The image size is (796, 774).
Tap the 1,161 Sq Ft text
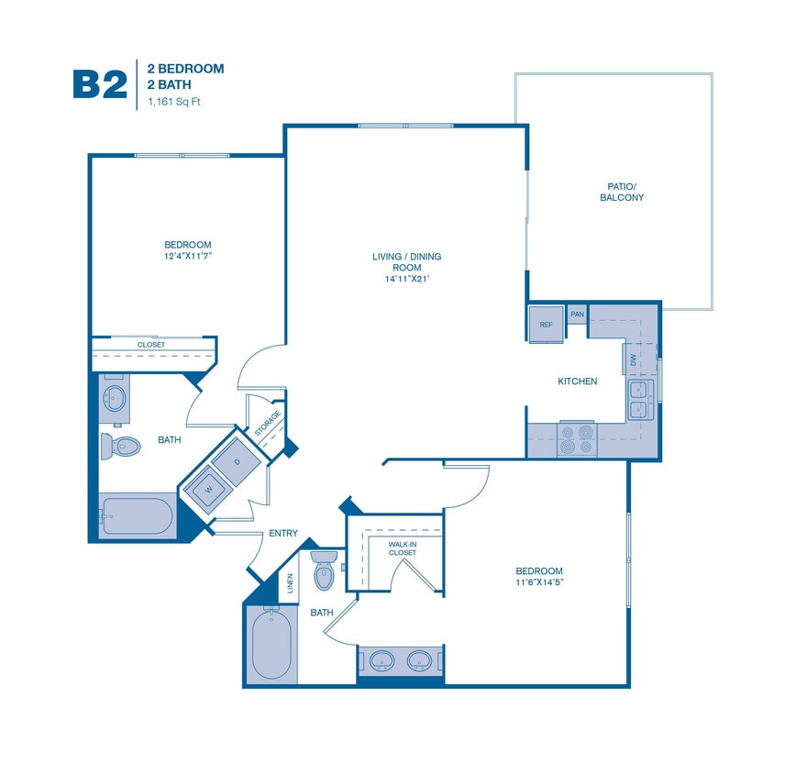click(173, 102)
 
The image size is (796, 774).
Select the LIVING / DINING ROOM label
click(400, 267)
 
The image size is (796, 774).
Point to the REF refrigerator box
click(546, 324)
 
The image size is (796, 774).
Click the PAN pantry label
click(577, 315)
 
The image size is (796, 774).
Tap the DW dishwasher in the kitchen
click(633, 359)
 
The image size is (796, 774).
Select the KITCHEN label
click(578, 381)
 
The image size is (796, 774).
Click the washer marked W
click(208, 489)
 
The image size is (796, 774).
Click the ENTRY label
click(282, 533)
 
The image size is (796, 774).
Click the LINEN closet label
click(291, 583)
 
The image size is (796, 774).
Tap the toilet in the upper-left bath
click(123, 447)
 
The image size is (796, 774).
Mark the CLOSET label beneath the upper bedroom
click(151, 345)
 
